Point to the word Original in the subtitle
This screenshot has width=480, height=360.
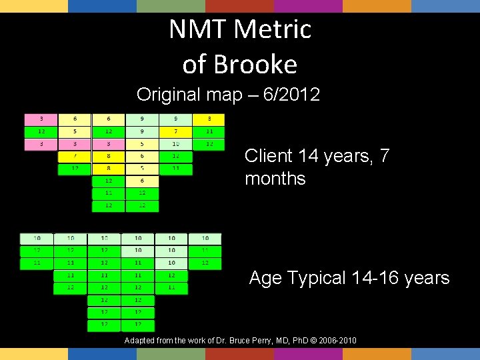pos(169,95)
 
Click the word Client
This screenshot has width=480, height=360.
pos(269,156)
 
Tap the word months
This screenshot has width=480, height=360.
pos(275,179)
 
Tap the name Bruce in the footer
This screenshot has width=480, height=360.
pos(247,341)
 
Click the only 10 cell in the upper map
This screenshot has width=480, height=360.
pos(175,144)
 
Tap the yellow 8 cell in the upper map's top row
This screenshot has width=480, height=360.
pos(209,119)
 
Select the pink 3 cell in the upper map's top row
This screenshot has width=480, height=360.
pos(41,119)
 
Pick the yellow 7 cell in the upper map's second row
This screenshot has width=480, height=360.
pos(175,131)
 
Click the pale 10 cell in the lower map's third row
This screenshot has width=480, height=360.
pos(171,263)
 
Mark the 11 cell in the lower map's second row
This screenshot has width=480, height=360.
pos(205,251)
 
